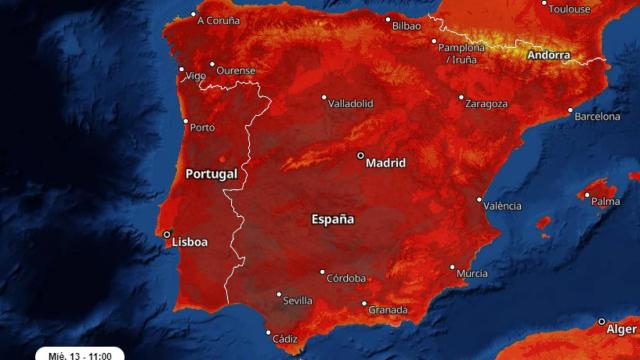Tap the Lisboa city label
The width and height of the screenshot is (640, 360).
click(190, 242)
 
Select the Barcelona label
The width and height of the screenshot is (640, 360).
click(596, 117)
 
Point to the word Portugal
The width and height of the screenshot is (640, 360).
click(211, 174)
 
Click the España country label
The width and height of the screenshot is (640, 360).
click(332, 219)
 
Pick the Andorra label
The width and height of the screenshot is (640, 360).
click(548, 56)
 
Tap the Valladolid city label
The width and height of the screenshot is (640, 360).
click(351, 103)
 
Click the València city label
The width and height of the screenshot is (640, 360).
click(502, 206)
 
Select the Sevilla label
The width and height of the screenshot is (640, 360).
click(298, 300)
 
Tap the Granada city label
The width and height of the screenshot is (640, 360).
click(388, 310)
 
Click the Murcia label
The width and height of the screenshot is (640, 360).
click(471, 274)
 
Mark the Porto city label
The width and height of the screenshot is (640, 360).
click(202, 128)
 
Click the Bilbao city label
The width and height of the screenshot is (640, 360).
click(407, 24)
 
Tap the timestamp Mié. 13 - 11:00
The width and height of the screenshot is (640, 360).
click(80, 354)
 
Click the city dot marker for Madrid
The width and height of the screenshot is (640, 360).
click(361, 156)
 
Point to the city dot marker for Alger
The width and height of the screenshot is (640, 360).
click(602, 322)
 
